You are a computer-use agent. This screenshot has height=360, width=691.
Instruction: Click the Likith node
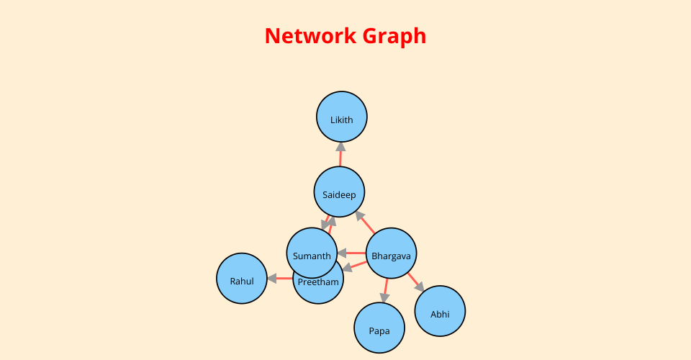(x=341, y=117)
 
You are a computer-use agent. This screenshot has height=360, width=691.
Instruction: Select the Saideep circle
(x=339, y=192)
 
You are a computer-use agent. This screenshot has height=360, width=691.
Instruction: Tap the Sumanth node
(x=312, y=253)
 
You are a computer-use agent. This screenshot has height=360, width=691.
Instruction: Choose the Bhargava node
(x=392, y=253)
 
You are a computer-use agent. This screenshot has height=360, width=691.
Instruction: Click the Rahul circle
(x=242, y=279)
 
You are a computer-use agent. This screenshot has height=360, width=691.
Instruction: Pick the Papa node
(x=379, y=328)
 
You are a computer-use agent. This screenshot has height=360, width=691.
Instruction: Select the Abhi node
(x=440, y=311)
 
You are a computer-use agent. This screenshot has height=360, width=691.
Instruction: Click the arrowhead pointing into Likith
(x=340, y=147)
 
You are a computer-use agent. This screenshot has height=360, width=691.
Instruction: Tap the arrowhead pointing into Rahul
(x=272, y=279)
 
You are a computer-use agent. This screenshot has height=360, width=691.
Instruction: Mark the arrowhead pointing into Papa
(x=384, y=298)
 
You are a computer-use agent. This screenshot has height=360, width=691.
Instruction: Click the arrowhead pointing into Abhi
(x=419, y=287)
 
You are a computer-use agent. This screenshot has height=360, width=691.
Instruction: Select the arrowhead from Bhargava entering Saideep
(x=360, y=216)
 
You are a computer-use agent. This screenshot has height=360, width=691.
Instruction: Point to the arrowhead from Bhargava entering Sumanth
(x=342, y=253)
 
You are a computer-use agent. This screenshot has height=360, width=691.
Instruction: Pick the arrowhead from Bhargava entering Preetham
(x=347, y=267)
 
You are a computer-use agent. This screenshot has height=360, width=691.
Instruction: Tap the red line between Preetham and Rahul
(x=285, y=279)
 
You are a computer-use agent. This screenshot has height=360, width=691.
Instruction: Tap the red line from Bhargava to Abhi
(x=412, y=278)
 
